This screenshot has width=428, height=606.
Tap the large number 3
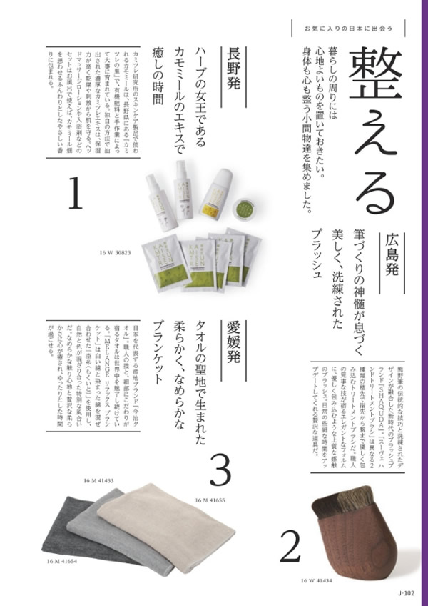[x=220, y=470]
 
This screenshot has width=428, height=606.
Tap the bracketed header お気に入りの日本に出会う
[x=345, y=29]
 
